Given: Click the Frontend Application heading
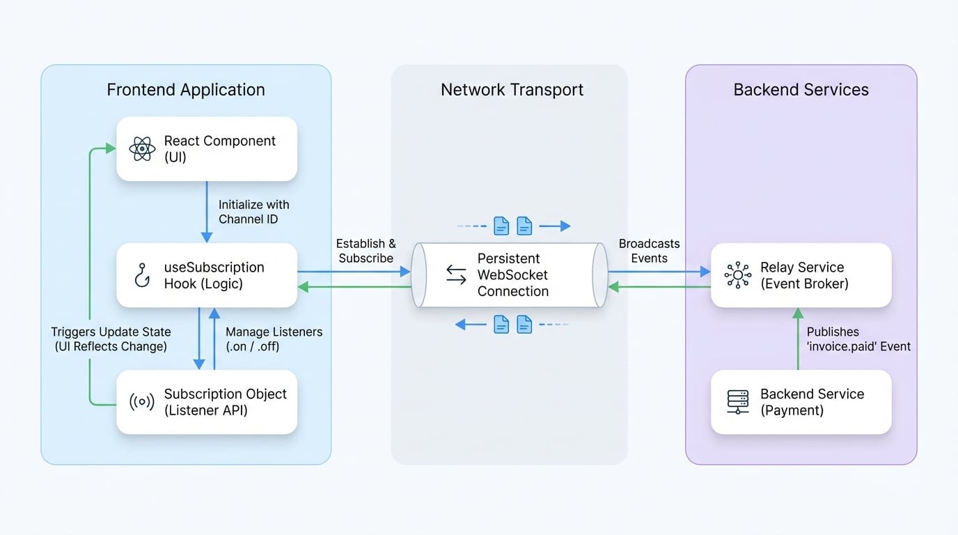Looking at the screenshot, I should coord(186,90).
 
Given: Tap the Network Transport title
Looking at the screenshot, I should coord(512,90).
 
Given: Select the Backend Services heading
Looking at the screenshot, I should coord(801,90).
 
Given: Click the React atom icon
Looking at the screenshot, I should coord(142,149).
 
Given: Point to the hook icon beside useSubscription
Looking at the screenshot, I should coord(142,276).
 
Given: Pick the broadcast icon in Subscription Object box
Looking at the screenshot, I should coord(142,402).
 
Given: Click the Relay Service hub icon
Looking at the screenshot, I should coord(737,275).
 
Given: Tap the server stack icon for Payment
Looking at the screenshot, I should coord(737,402).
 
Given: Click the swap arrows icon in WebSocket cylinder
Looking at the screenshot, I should coord(456,275).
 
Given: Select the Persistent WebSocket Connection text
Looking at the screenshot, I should coord(513,275).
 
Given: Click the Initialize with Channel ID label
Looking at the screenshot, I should coord(253,212).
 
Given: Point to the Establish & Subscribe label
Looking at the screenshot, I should coord(366,251).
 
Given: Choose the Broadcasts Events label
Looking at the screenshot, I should coord(649,251).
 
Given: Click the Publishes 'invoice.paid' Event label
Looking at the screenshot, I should coord(858,339).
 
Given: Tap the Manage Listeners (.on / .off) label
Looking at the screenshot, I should coord(274,339).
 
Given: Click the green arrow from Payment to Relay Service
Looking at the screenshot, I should coord(798,339).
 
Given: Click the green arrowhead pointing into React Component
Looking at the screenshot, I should coord(110,148).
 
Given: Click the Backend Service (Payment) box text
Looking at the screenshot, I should coord(812,402).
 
